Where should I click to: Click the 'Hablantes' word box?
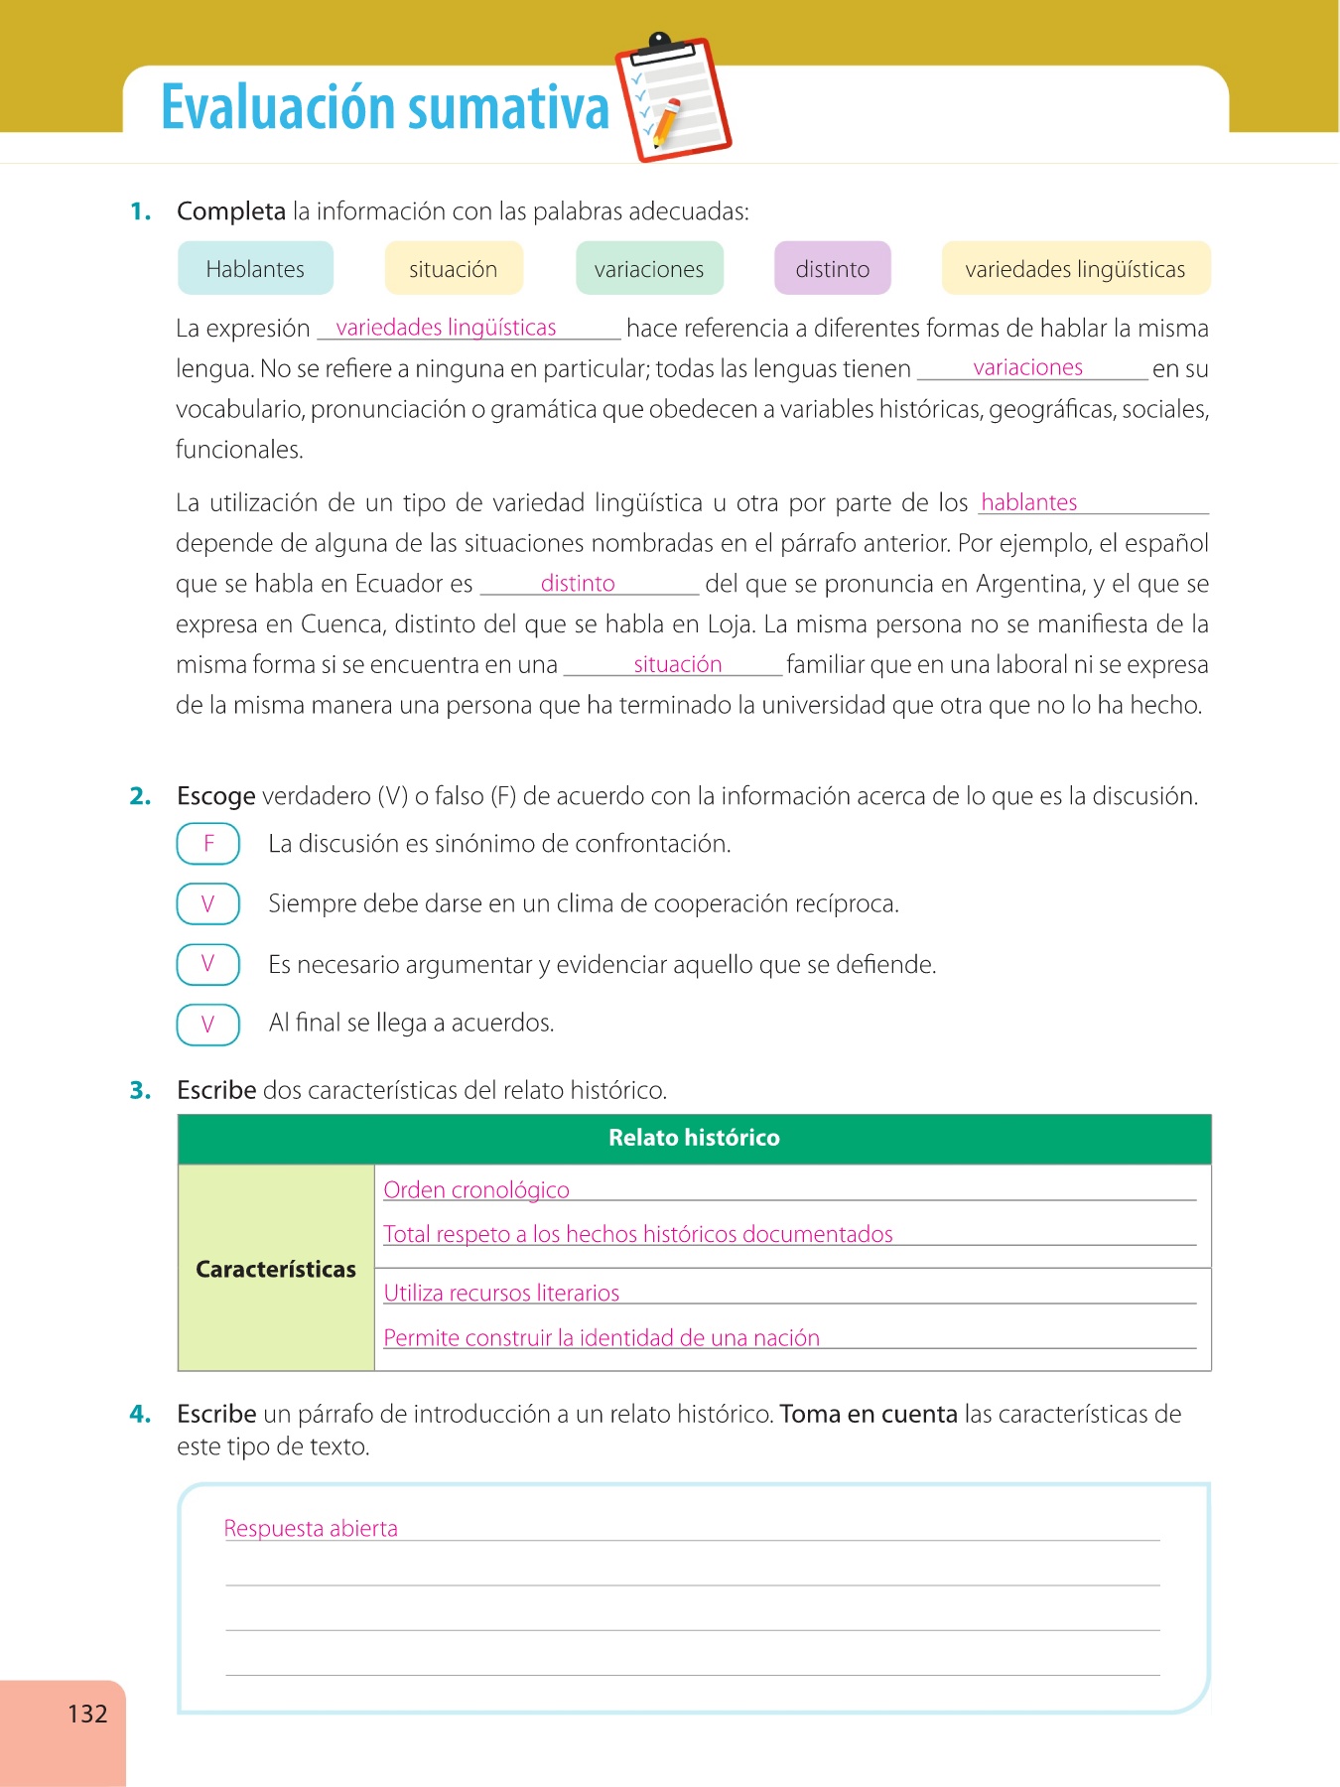point(255,269)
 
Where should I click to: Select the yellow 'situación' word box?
point(453,269)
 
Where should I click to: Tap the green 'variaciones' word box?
point(649,269)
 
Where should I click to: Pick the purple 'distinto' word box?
point(832,269)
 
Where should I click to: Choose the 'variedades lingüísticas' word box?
point(1075,269)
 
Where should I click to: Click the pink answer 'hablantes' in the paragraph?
point(1028,502)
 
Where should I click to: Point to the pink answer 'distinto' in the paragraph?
point(578,583)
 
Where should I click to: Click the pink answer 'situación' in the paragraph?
point(677,664)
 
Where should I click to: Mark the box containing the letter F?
point(208,844)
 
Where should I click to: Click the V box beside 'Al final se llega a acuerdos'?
point(208,1025)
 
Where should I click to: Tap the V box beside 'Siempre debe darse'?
point(208,903)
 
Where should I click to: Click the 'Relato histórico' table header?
point(694,1138)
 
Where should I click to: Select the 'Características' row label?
point(275,1269)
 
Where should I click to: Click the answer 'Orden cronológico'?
point(476,1189)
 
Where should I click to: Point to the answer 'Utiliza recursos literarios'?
point(501,1293)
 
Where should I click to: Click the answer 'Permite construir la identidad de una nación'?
point(602,1337)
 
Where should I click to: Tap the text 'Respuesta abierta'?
point(311,1528)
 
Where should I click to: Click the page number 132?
point(87,1714)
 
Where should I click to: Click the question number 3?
point(140,1090)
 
